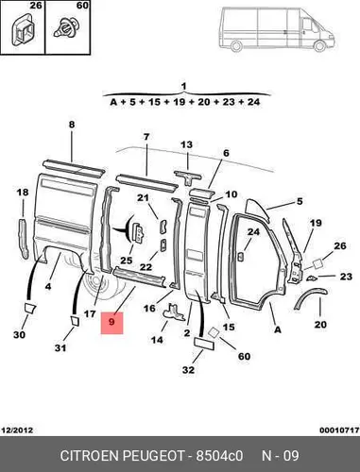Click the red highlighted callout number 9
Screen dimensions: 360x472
coord(111,322)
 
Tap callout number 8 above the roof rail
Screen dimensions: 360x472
coord(72,125)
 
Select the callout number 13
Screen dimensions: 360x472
coord(187,144)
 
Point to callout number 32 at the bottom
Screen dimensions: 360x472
coord(188,370)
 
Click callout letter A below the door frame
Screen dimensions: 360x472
coord(277,329)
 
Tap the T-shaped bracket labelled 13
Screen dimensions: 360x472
coord(187,177)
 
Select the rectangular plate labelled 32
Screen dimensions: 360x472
coord(203,344)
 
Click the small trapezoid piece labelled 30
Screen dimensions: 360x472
coord(30,308)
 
